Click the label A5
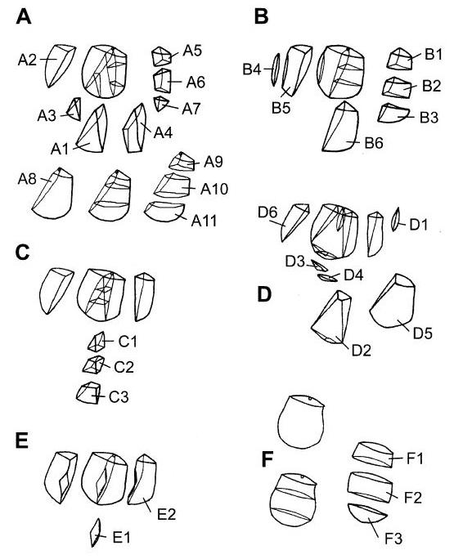click(192, 51)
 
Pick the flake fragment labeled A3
click(74, 109)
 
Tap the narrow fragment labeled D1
click(395, 219)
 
